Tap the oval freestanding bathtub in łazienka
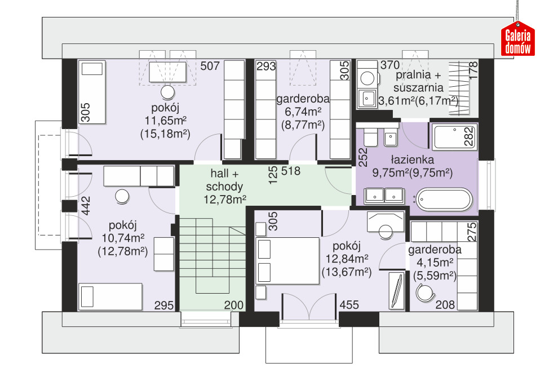(444, 200)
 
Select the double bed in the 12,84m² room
(288, 261)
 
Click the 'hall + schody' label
(224, 180)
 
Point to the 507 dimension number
(210, 66)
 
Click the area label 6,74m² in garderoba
(303, 112)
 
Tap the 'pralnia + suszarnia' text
(418, 81)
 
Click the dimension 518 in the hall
(291, 171)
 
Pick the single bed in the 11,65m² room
(92, 92)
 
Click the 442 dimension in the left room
(86, 206)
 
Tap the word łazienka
(413, 160)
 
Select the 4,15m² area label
(435, 262)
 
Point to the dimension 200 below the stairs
(233, 305)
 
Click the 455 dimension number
(349, 305)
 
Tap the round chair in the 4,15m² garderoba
(426, 293)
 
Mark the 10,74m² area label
(123, 238)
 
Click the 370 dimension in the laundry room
(390, 65)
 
